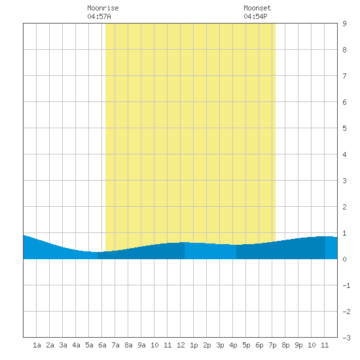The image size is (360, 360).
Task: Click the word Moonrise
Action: pos(103,8)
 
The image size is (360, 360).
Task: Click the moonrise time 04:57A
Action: pos(99,16)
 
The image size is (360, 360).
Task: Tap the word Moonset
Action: pos(257,8)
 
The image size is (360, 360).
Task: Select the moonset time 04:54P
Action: pos(255,16)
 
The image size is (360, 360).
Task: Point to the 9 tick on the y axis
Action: pos(344,24)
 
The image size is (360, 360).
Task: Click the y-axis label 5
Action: pos(344,128)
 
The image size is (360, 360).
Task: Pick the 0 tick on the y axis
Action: pos(344,259)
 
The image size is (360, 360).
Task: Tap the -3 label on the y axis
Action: pos(346,338)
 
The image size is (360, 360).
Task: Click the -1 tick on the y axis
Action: pos(346,285)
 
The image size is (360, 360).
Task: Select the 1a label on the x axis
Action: pos(37,345)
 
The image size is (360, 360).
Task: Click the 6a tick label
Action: pos(102,345)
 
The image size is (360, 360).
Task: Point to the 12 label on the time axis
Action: pos(181,345)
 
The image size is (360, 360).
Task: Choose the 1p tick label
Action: pos(194,345)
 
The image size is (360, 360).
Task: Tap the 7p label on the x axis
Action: pos(272,345)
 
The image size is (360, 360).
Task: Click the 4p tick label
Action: pos(233,345)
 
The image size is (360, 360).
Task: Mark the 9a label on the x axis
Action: pos(141,345)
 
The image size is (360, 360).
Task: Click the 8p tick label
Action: pos(285,345)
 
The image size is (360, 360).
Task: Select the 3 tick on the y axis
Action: pos(344,181)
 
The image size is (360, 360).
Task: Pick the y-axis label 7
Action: pos(344,76)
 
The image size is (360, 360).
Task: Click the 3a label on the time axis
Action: pos(63,345)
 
